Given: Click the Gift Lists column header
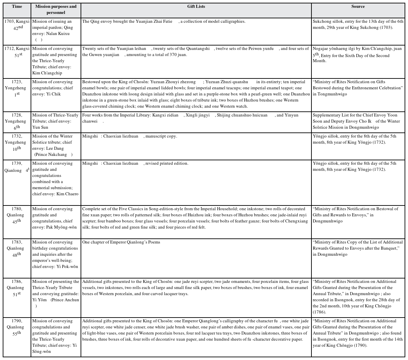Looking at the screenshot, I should pos(196,6).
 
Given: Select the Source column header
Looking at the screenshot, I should pos(358,6).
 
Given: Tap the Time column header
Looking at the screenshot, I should pos(17,6).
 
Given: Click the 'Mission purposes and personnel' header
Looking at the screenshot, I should pos(56,10).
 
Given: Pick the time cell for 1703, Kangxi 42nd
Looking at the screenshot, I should pos(17,24).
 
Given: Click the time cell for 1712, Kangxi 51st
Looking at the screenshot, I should pos(17,52).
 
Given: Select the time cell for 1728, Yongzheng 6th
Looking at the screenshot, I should pos(17,121).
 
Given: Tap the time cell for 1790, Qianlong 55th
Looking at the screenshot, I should pos(17,327).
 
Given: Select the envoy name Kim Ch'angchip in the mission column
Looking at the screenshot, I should pos(48,73).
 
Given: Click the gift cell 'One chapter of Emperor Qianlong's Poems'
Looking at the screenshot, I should pos(121,242).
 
